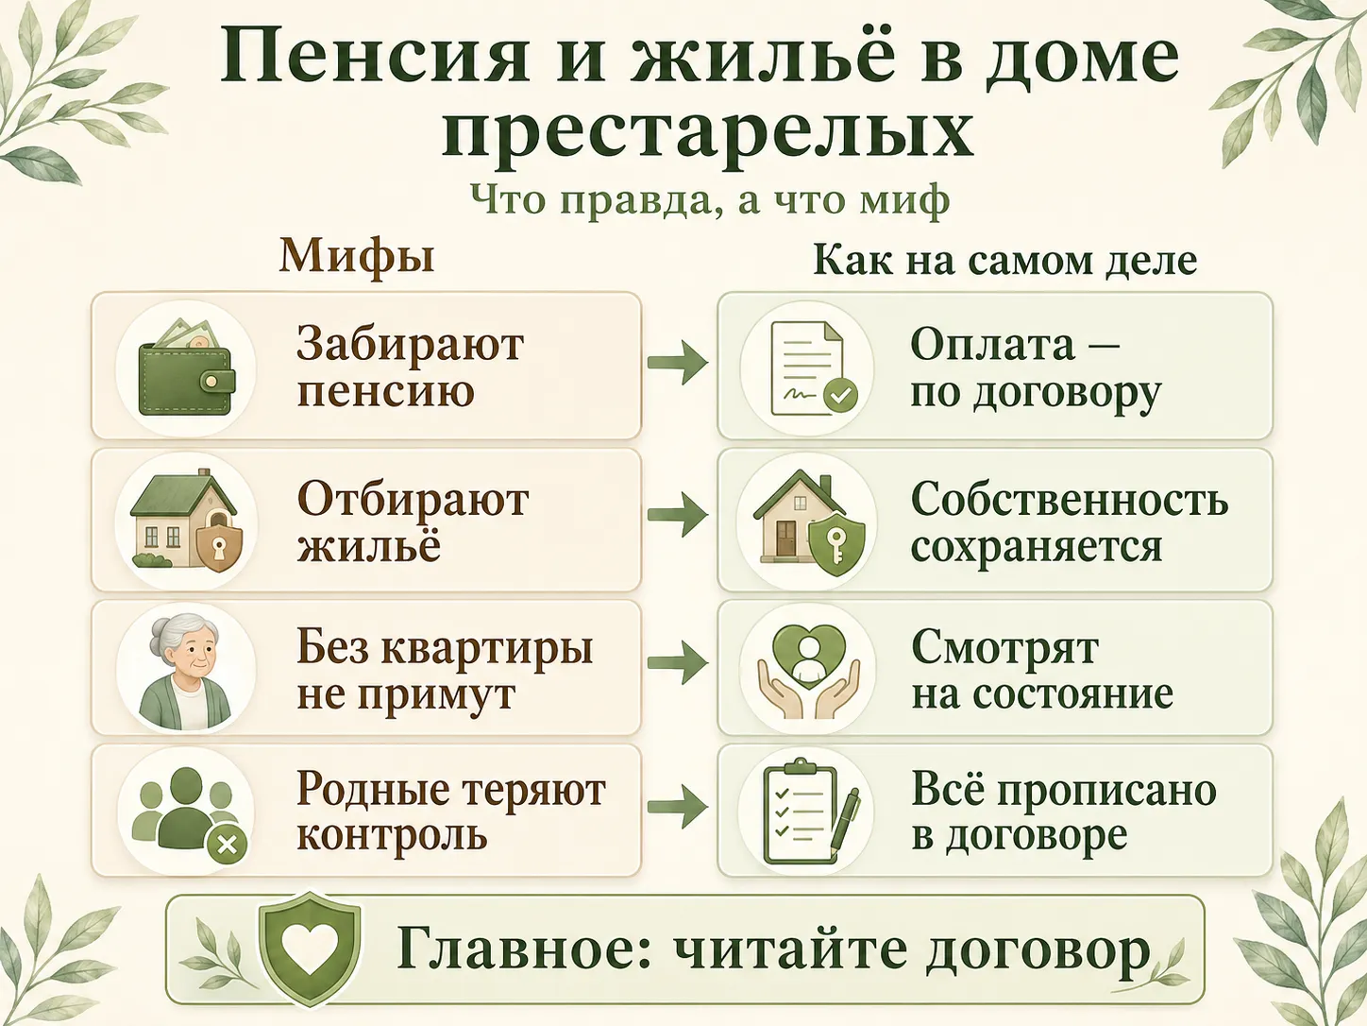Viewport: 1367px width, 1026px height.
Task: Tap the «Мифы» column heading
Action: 357,257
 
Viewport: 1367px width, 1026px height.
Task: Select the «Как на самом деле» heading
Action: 1005,260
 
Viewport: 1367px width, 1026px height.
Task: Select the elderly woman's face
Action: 190,658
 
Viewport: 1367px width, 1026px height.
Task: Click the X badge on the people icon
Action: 228,846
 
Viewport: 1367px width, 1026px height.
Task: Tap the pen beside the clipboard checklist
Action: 845,821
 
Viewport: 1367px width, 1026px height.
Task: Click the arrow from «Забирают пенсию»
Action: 678,362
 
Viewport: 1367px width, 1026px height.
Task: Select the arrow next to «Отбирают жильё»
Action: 678,515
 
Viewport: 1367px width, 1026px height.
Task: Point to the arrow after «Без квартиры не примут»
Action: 678,662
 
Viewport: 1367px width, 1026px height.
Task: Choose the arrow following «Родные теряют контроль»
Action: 678,807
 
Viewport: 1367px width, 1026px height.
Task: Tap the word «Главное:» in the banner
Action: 523,950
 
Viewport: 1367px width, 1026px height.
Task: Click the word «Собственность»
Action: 1070,500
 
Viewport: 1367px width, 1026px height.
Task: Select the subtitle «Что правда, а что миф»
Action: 710,199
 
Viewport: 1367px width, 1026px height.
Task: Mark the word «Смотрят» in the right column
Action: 1004,648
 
